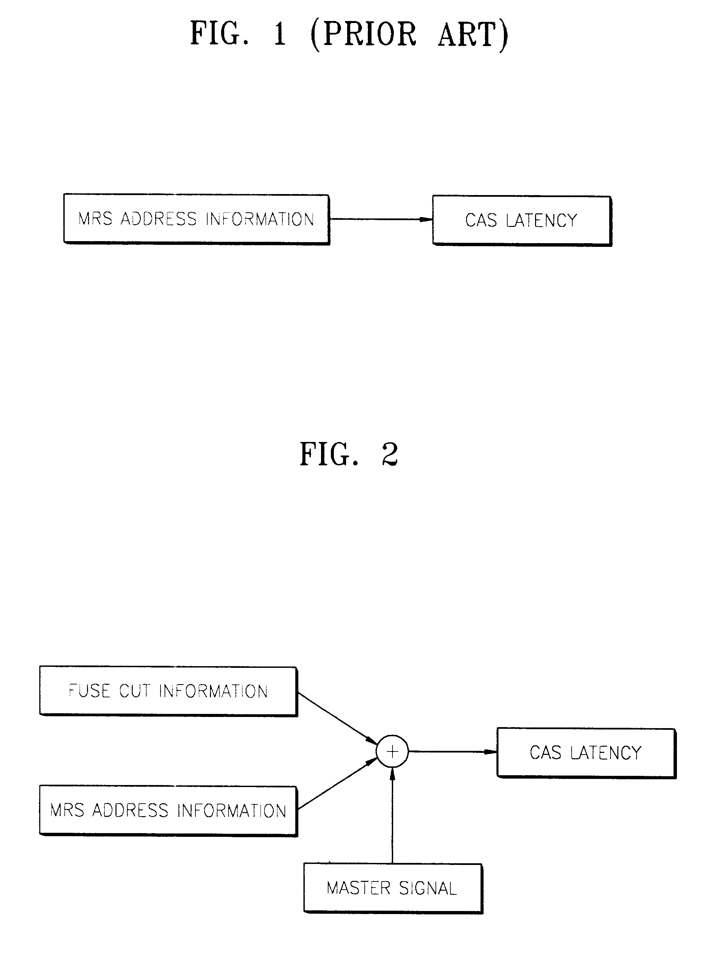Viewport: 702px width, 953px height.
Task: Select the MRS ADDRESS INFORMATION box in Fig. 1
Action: [196, 219]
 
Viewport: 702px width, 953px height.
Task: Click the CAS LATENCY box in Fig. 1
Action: [522, 220]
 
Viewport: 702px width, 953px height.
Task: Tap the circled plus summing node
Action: [392, 751]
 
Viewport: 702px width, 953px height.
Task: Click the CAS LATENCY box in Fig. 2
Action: [586, 753]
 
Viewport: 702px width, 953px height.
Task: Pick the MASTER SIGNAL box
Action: [392, 888]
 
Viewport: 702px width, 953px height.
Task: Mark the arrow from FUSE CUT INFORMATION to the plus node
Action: [338, 718]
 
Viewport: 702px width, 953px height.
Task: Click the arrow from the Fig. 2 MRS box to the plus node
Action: [338, 784]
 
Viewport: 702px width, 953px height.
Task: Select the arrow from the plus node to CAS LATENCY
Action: [452, 751]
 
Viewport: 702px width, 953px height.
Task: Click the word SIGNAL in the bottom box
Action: [428, 888]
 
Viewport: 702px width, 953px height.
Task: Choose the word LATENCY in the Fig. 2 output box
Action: [605, 753]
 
